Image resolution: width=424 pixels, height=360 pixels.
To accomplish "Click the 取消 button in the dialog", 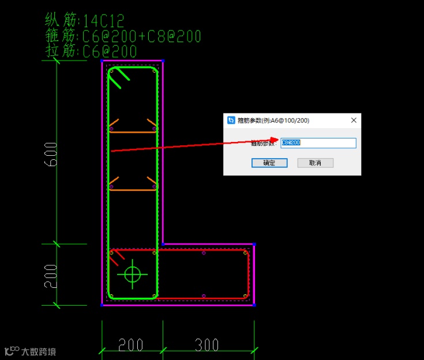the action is (x=315, y=163).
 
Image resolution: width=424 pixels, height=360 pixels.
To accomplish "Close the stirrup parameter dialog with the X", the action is (x=354, y=120).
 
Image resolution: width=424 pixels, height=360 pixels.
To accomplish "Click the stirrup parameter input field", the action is (x=318, y=142).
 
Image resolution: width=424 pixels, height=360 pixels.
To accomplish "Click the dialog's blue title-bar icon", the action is (x=231, y=121).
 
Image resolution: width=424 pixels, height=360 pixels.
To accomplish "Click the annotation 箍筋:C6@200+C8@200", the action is (x=122, y=36).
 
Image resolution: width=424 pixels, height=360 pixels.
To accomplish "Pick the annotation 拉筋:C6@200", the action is (x=91, y=51).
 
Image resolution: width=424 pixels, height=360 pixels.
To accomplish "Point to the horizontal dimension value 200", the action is (x=131, y=345).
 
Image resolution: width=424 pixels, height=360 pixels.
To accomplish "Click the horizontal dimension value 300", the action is (x=207, y=345).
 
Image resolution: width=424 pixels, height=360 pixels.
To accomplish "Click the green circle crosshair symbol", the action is (x=133, y=274).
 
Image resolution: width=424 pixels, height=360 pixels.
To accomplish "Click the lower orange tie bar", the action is (x=133, y=190).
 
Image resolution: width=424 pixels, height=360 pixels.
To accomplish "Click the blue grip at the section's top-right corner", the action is (x=163, y=61).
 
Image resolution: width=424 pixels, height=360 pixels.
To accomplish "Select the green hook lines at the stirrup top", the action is (x=119, y=78).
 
